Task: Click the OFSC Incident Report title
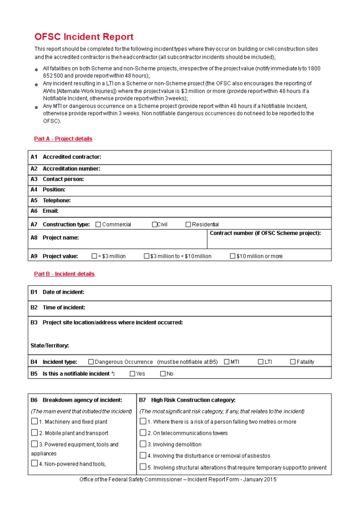coord(84,37)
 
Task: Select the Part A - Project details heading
coord(63,139)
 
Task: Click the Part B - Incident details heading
coord(64,274)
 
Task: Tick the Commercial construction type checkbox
coord(98,224)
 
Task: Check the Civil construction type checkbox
coord(155,224)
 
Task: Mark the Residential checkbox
coord(188,224)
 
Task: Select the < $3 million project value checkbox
coord(94,256)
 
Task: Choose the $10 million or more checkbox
coord(232,256)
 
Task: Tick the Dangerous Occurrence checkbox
coord(91,362)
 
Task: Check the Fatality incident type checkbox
coord(293,362)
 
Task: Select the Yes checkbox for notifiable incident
coord(132,374)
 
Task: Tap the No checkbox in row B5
coord(163,374)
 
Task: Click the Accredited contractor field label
coord(72,157)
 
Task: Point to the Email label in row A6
coord(50,211)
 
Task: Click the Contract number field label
coord(265,233)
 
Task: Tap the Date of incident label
coord(63,292)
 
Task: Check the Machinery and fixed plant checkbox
coord(34,422)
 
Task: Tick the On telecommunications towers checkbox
coord(143,433)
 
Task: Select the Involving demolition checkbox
coord(143,444)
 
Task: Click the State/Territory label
coord(50,345)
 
